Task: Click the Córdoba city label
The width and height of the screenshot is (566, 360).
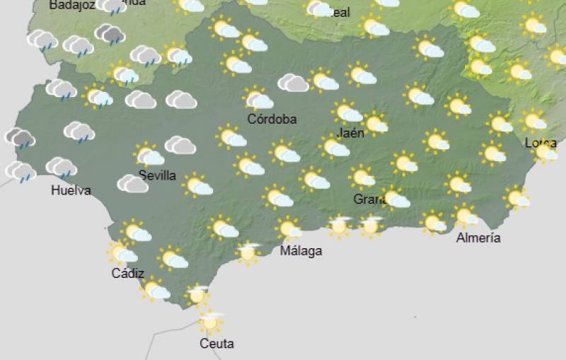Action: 272,119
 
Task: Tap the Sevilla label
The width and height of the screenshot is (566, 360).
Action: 157,175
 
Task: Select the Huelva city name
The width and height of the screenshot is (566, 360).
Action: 71,190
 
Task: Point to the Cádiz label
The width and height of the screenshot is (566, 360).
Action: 128,274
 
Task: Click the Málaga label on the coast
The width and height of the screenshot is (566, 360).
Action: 301,251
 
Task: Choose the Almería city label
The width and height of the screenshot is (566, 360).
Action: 478,238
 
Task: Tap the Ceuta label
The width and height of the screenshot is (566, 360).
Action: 216,344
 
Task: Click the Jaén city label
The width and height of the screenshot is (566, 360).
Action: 352,132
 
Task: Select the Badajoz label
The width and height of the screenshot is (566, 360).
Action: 72,5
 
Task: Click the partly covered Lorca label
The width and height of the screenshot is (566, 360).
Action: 539,144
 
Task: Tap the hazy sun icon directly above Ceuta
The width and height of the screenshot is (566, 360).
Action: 209,321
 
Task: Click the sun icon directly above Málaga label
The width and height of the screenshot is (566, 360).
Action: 288,228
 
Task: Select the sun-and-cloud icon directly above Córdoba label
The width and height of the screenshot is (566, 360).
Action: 258,98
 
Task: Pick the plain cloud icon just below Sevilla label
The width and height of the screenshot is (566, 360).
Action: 132,184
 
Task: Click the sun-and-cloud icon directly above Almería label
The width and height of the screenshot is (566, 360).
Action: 465,215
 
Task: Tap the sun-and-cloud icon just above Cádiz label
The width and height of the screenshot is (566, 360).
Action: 121,252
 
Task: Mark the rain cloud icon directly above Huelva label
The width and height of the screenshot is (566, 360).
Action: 62,168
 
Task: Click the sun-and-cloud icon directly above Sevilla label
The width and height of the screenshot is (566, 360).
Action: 149,155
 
